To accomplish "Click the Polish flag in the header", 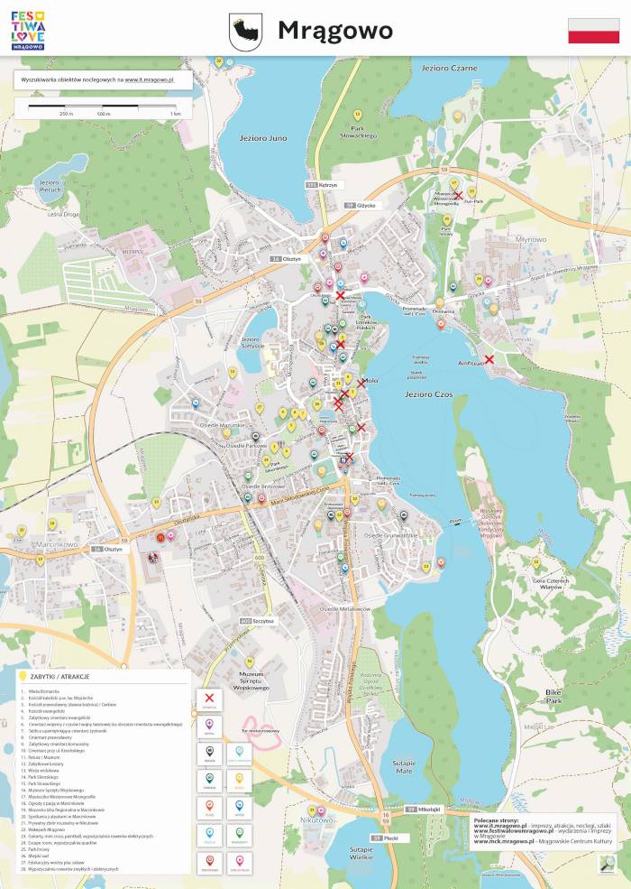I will [x=593, y=30].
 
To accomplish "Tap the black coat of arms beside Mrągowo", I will [x=243, y=32].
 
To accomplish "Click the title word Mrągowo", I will [x=334, y=31].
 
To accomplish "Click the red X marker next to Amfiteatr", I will [x=489, y=359].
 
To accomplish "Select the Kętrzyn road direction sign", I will [x=327, y=185].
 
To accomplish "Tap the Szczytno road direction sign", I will [x=258, y=622].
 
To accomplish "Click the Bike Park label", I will [x=553, y=696].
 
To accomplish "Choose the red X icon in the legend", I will [x=210, y=698].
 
